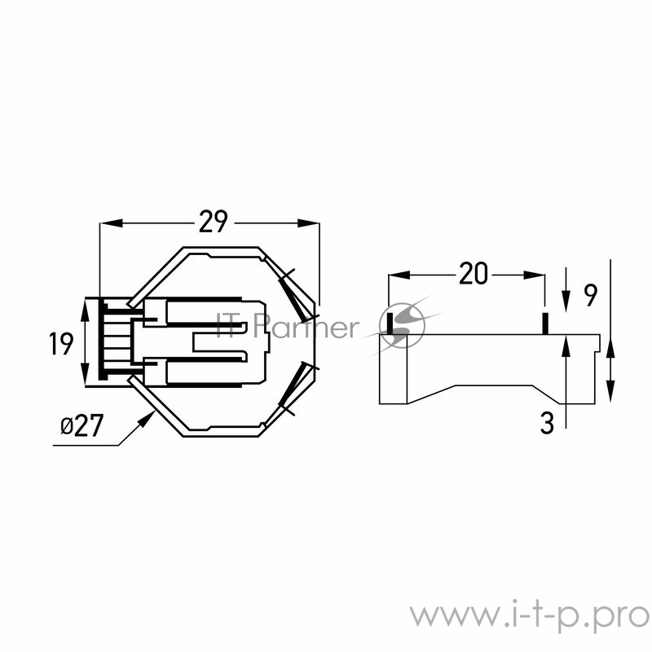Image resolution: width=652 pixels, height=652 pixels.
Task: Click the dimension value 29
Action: coord(212,222)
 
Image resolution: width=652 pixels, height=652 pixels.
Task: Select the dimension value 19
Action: coord(61,343)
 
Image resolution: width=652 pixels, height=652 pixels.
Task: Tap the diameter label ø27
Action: coord(81,426)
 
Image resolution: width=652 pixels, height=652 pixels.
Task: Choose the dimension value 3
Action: coord(547,423)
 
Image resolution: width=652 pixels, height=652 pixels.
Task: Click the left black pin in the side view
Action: coord(390,322)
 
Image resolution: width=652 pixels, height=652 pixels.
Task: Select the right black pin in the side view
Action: coord(544,323)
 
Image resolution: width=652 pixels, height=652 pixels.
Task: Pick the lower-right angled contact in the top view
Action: coord(295,388)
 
